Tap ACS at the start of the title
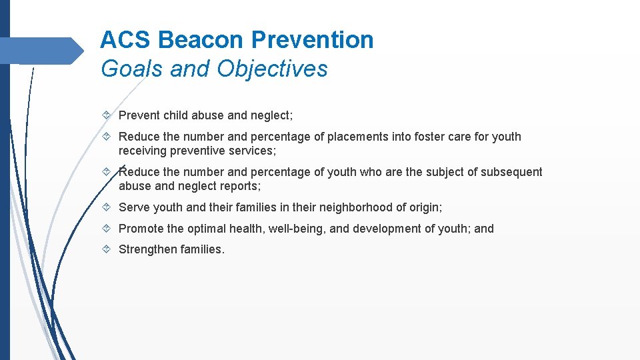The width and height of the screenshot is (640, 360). point(126,40)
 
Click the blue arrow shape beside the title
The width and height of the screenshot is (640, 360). point(43,51)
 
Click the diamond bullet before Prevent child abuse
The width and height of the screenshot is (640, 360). point(107,115)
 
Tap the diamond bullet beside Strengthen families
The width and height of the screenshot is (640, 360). point(107,250)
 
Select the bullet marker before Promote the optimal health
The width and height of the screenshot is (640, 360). point(107,229)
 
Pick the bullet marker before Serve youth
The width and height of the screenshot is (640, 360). point(107,207)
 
